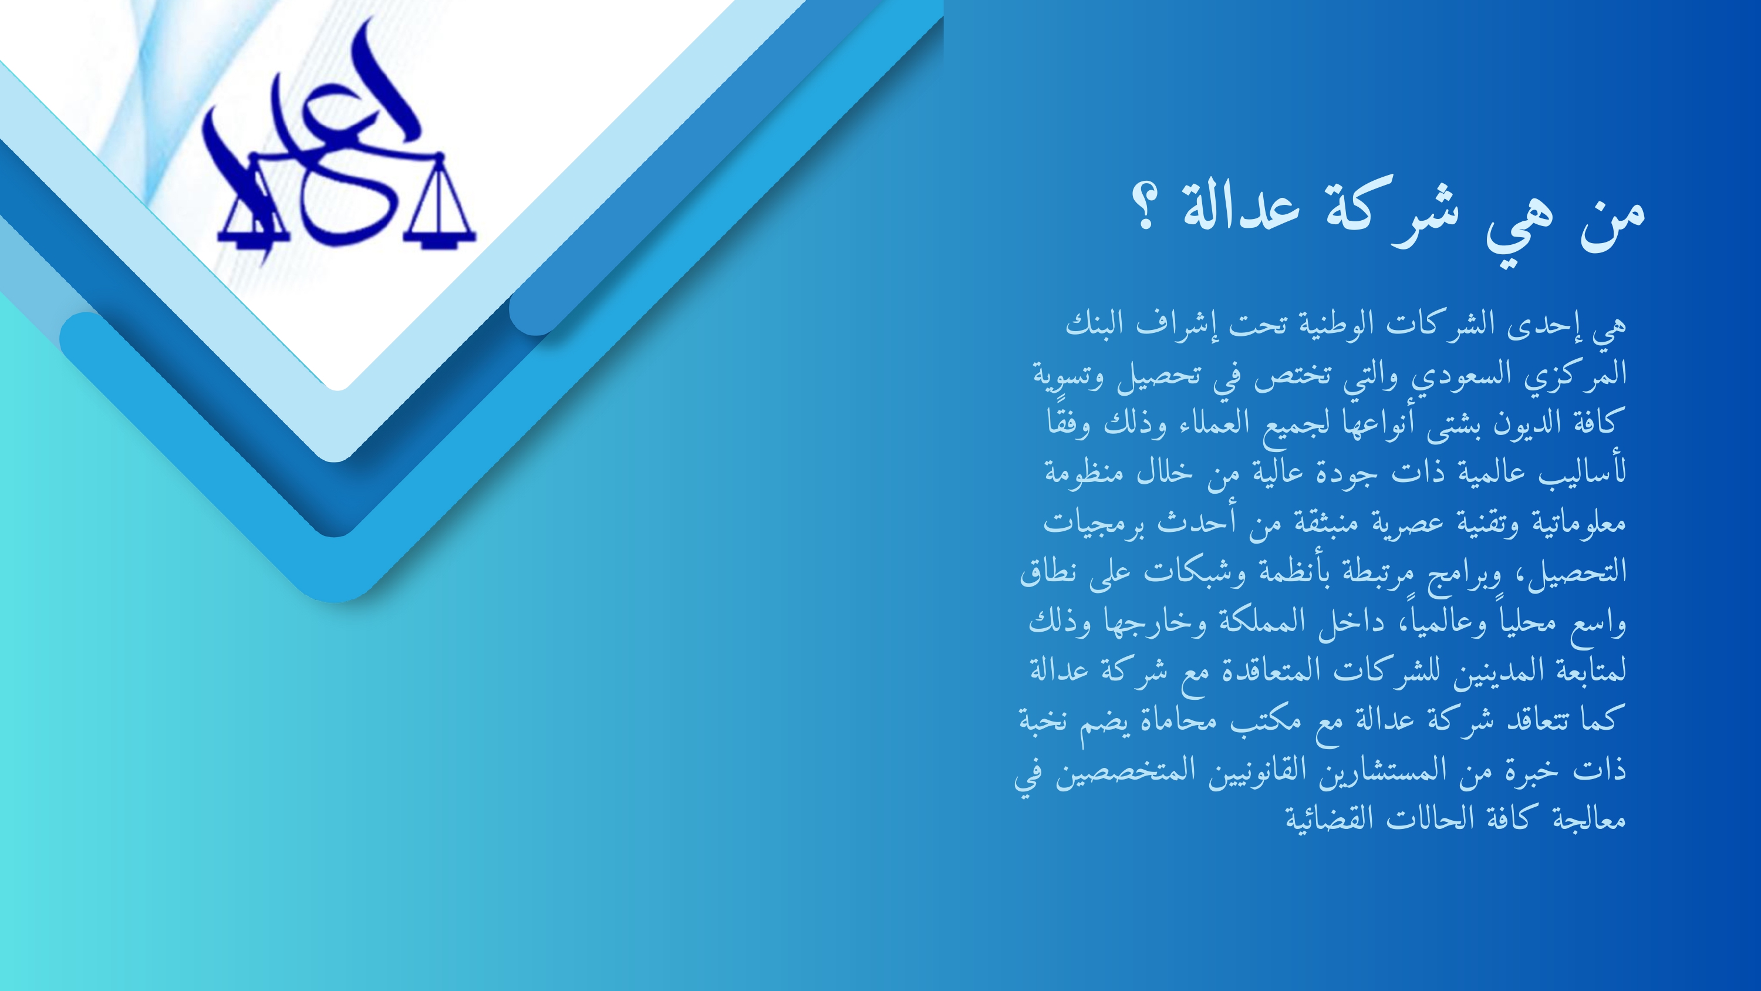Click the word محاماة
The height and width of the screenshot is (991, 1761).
pos(1174,720)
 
